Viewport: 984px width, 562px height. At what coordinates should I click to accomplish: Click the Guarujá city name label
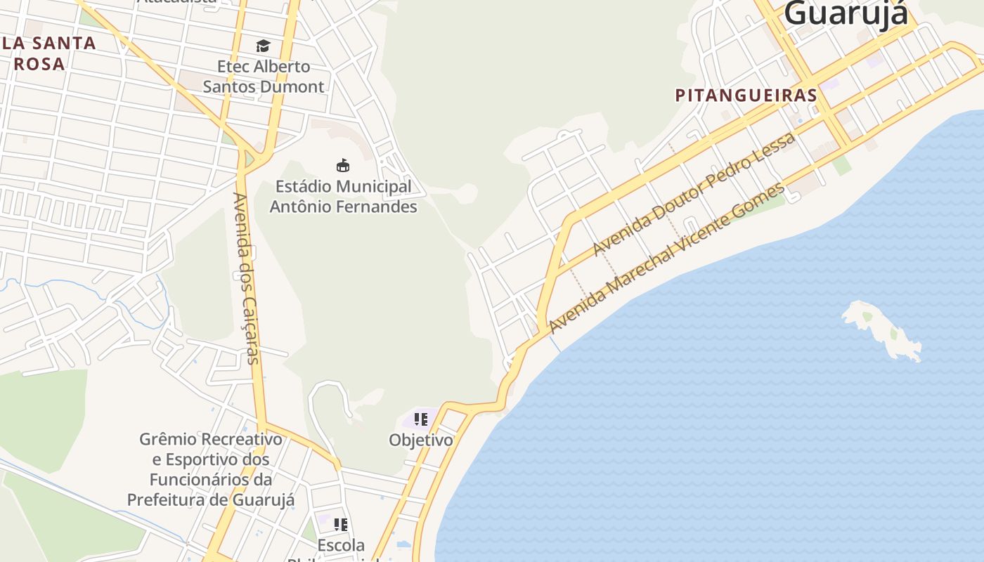pyautogui.click(x=846, y=14)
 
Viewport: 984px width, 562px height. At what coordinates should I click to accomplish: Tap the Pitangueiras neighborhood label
pyautogui.click(x=746, y=96)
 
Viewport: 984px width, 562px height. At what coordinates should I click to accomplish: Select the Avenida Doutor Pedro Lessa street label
pyautogui.click(x=694, y=194)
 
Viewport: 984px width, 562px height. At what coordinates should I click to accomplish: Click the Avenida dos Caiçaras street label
pyautogui.click(x=247, y=277)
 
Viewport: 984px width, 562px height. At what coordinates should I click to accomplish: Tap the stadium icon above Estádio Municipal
pyautogui.click(x=343, y=166)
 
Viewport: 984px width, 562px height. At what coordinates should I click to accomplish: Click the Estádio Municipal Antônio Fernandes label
pyautogui.click(x=343, y=197)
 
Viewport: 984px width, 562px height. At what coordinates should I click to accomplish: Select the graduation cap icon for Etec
pyautogui.click(x=263, y=46)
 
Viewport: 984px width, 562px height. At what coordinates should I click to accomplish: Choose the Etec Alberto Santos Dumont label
pyautogui.click(x=264, y=77)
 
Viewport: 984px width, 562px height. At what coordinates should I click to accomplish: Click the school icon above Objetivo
pyautogui.click(x=421, y=420)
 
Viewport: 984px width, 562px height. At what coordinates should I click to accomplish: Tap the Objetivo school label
pyautogui.click(x=421, y=440)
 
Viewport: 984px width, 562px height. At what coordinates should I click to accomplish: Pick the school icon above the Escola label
pyautogui.click(x=341, y=524)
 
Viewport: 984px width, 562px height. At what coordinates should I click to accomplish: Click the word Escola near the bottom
pyautogui.click(x=341, y=545)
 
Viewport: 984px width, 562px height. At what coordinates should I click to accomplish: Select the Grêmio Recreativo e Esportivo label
pyautogui.click(x=211, y=469)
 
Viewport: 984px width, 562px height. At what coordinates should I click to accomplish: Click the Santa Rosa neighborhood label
pyautogui.click(x=48, y=53)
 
